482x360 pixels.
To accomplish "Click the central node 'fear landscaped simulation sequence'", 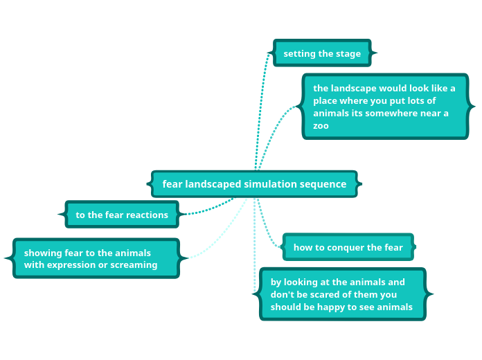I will pos(254,184).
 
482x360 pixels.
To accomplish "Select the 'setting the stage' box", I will pos(322,53).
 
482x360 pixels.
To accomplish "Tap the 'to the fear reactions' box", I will pos(122,215).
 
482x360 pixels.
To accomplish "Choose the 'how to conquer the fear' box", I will pos(348,247).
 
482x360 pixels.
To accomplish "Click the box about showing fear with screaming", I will pos(96,259).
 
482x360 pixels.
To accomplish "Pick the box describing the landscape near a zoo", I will pos(385,107).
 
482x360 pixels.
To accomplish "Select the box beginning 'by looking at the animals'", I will pos(342,294).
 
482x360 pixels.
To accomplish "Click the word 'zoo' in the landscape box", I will pos(321,126).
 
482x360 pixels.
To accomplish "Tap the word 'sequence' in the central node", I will pos(323,184).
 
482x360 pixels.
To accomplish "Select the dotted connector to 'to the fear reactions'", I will pos(208,209).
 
